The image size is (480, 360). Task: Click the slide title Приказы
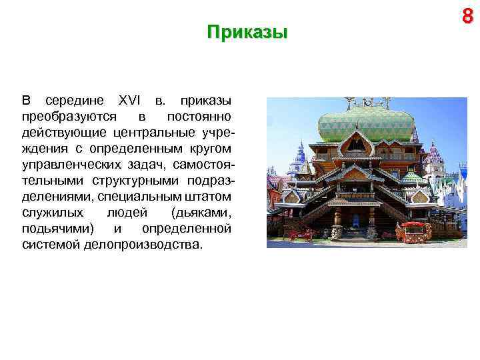(247, 33)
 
